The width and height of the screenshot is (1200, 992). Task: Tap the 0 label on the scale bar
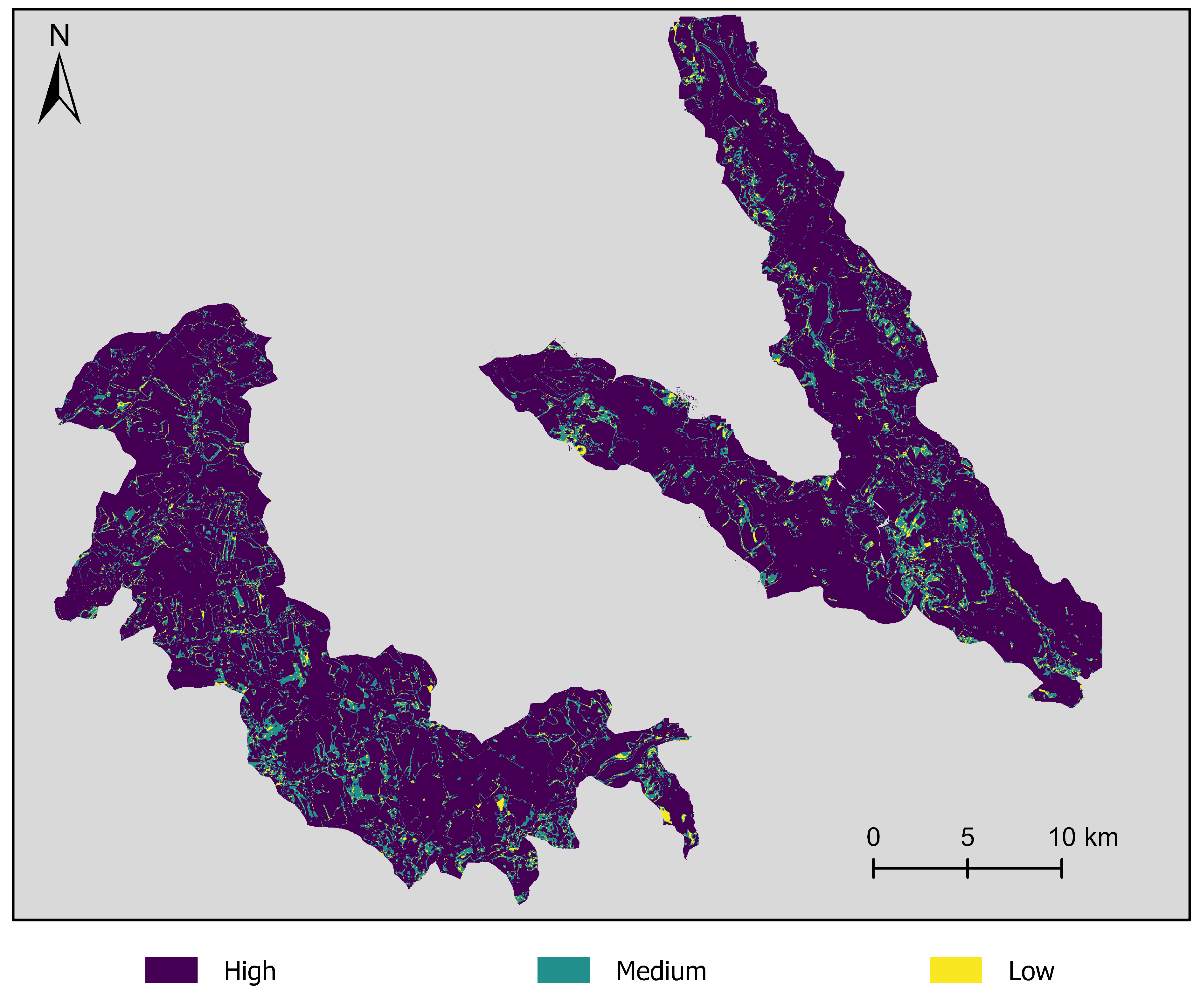pos(873,838)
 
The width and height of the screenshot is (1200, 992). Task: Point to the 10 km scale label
pos(1083,838)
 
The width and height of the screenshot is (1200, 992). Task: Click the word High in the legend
pos(250,971)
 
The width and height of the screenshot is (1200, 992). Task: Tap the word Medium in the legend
pos(661,971)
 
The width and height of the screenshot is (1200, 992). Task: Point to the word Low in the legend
pos(1031,971)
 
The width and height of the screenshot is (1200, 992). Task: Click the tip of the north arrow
pos(59,54)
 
